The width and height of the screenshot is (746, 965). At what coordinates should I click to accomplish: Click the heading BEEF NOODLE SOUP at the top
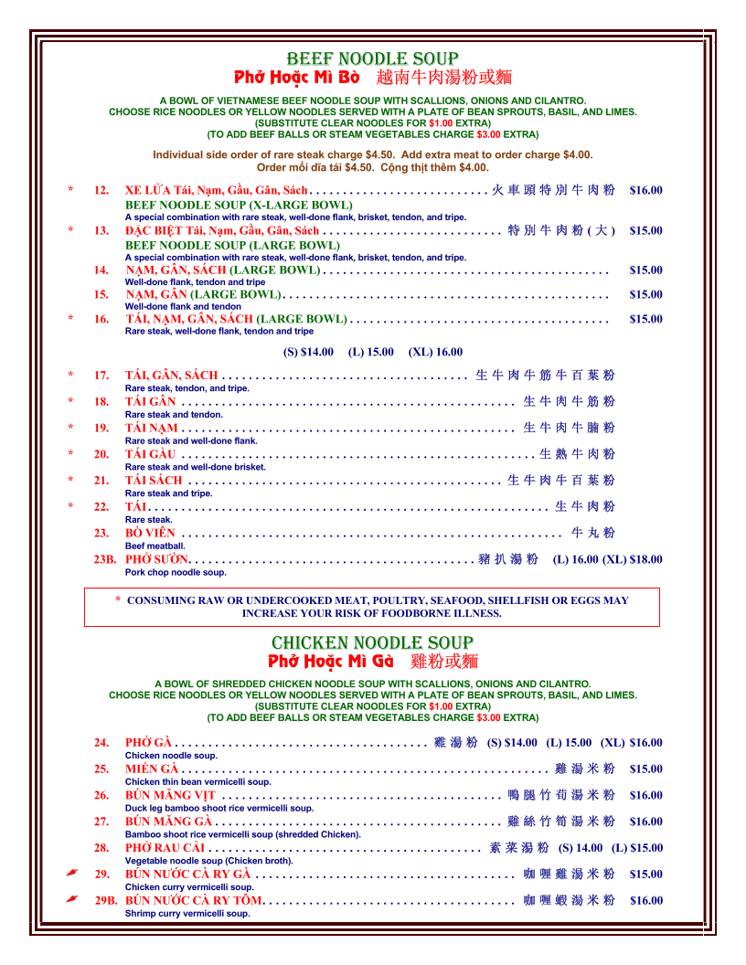click(372, 59)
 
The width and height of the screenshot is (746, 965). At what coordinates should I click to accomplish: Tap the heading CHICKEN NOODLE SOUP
click(372, 642)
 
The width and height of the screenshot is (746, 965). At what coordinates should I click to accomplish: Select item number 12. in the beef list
click(101, 191)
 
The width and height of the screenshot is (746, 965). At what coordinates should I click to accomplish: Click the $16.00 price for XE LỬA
click(645, 191)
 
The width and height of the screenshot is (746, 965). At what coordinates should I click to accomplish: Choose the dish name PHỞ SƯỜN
click(156, 559)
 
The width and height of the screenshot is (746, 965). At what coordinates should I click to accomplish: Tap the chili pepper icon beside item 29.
click(72, 874)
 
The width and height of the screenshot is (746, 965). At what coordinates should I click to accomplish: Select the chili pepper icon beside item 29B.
click(72, 900)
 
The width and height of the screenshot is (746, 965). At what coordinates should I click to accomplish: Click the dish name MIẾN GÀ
click(152, 769)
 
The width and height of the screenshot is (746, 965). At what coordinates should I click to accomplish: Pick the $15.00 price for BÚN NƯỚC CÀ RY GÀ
click(645, 875)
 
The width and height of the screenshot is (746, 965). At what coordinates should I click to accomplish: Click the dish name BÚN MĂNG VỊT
click(170, 795)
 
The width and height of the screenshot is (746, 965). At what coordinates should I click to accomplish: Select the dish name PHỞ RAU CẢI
click(165, 848)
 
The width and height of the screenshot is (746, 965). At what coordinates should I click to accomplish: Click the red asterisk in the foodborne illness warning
click(118, 600)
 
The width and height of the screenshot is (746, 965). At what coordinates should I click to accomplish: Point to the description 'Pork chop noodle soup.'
click(176, 572)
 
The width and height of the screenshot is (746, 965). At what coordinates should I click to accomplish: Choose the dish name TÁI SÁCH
click(154, 480)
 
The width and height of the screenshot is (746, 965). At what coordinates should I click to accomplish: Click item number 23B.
click(105, 559)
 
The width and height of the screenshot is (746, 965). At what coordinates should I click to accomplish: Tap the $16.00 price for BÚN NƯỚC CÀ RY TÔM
click(645, 901)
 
